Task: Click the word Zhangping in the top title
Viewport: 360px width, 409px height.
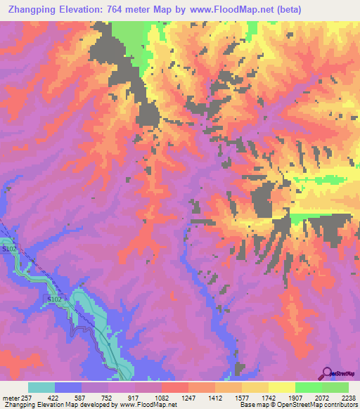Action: tap(32, 9)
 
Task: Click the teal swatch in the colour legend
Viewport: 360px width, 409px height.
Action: tap(41, 387)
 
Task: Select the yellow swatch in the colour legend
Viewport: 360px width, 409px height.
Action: tap(282, 387)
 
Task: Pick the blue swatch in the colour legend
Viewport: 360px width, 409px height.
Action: tap(68, 387)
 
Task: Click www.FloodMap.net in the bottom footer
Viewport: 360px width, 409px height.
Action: tap(150, 404)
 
